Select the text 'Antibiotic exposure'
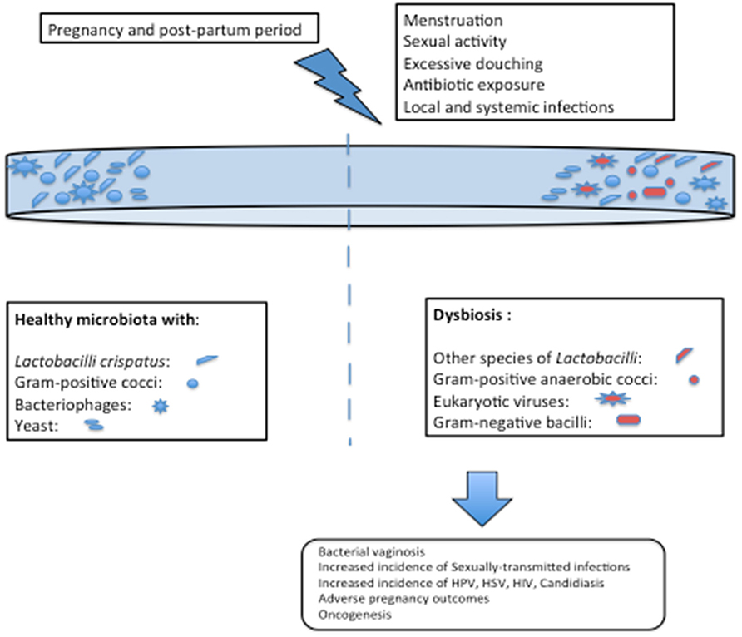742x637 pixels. (473, 85)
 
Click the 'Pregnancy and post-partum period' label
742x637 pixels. (175, 30)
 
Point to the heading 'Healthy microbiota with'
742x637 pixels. (105, 319)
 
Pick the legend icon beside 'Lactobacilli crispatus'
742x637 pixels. (207, 360)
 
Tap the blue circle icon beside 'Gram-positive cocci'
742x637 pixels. (193, 383)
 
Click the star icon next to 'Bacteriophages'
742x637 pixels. (161, 406)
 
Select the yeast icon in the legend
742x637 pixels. (94, 425)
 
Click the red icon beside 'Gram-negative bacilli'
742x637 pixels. (628, 420)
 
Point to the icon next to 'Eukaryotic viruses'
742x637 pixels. (613, 399)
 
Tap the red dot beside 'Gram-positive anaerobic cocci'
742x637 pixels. (695, 380)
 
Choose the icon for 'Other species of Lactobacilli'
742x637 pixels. (685, 356)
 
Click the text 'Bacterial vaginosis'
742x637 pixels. (372, 552)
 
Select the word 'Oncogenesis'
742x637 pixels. (355, 615)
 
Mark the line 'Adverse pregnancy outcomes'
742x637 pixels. (403, 599)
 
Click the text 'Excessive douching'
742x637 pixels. (472, 64)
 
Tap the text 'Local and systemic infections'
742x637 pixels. (509, 107)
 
